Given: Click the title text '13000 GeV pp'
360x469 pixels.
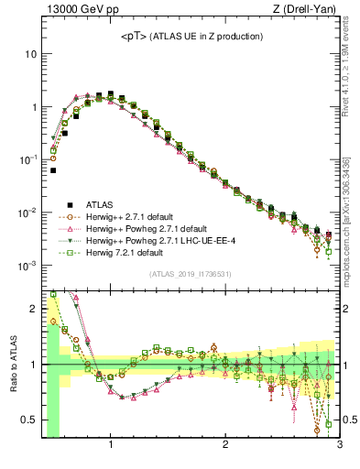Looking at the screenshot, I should pos(76,10).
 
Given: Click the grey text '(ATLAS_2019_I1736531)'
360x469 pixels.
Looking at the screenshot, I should pos(191,274).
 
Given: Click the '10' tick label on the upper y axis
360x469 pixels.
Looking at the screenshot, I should pos(29,54).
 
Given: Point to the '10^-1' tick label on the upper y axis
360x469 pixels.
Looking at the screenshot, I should pos(27,160).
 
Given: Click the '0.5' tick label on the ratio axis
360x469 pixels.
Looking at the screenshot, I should pos(28,420).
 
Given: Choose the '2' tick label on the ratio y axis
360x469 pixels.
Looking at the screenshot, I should pos(33,308).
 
